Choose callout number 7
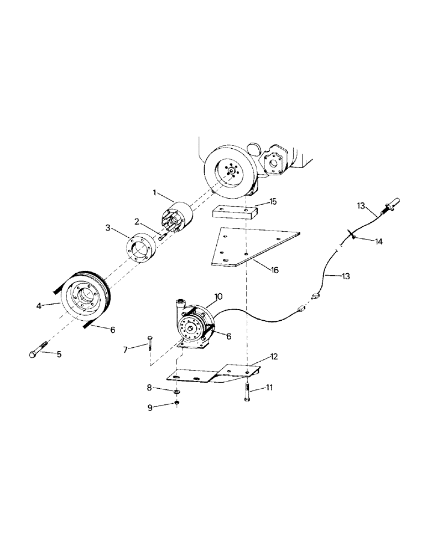125,349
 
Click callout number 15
273,202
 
